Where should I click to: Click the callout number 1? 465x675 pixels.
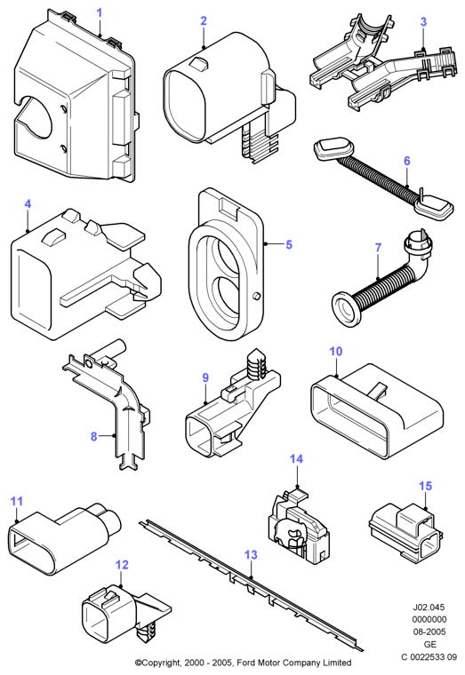pyautogui.click(x=100, y=12)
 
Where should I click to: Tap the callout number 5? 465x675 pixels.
pyautogui.click(x=289, y=244)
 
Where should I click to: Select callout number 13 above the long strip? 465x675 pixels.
pyautogui.click(x=252, y=555)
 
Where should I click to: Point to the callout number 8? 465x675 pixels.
pyautogui.click(x=94, y=436)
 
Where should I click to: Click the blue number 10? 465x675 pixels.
pyautogui.click(x=336, y=352)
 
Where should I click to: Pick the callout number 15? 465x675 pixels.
pyautogui.click(x=425, y=486)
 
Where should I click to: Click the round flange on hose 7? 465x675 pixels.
pyautogui.click(x=346, y=307)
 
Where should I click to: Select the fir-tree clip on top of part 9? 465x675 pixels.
pyautogui.click(x=256, y=366)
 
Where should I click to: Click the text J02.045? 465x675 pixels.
pyautogui.click(x=429, y=607)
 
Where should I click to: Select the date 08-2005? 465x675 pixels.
pyautogui.click(x=429, y=632)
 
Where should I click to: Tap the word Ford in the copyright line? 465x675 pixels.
pyautogui.click(x=244, y=663)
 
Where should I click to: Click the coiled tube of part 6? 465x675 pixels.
pyautogui.click(x=379, y=176)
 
